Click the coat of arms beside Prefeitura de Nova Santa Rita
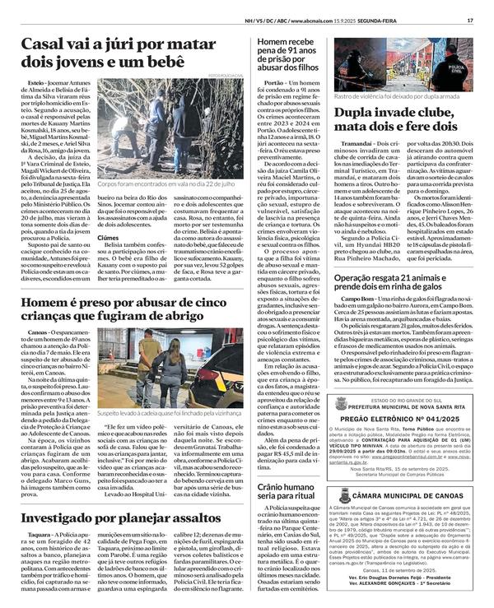341,427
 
